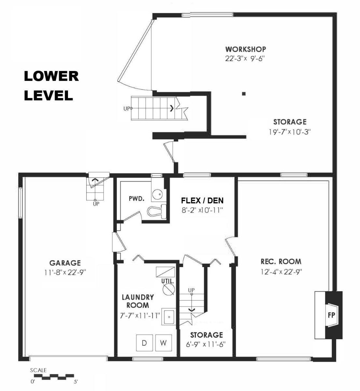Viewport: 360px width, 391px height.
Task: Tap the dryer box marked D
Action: click(x=144, y=343)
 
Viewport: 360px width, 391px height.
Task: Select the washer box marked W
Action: click(x=164, y=343)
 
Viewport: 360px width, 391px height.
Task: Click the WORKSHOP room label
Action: click(x=245, y=49)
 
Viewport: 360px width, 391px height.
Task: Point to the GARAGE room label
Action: click(x=65, y=263)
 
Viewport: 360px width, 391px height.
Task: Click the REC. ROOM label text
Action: click(x=281, y=261)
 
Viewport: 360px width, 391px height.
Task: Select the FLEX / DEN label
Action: click(x=202, y=200)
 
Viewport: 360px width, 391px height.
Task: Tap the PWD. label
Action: click(x=136, y=198)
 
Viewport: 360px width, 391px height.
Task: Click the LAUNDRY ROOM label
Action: click(x=138, y=301)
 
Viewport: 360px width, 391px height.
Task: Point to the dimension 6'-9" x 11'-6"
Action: click(x=206, y=344)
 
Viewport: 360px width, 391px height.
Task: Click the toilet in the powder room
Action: click(x=157, y=211)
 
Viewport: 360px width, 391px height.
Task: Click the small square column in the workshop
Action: click(x=244, y=94)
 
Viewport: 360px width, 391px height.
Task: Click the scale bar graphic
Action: click(x=54, y=377)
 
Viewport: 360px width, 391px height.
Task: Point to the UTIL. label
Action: click(x=167, y=281)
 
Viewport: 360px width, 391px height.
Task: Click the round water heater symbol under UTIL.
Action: click(x=169, y=289)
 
